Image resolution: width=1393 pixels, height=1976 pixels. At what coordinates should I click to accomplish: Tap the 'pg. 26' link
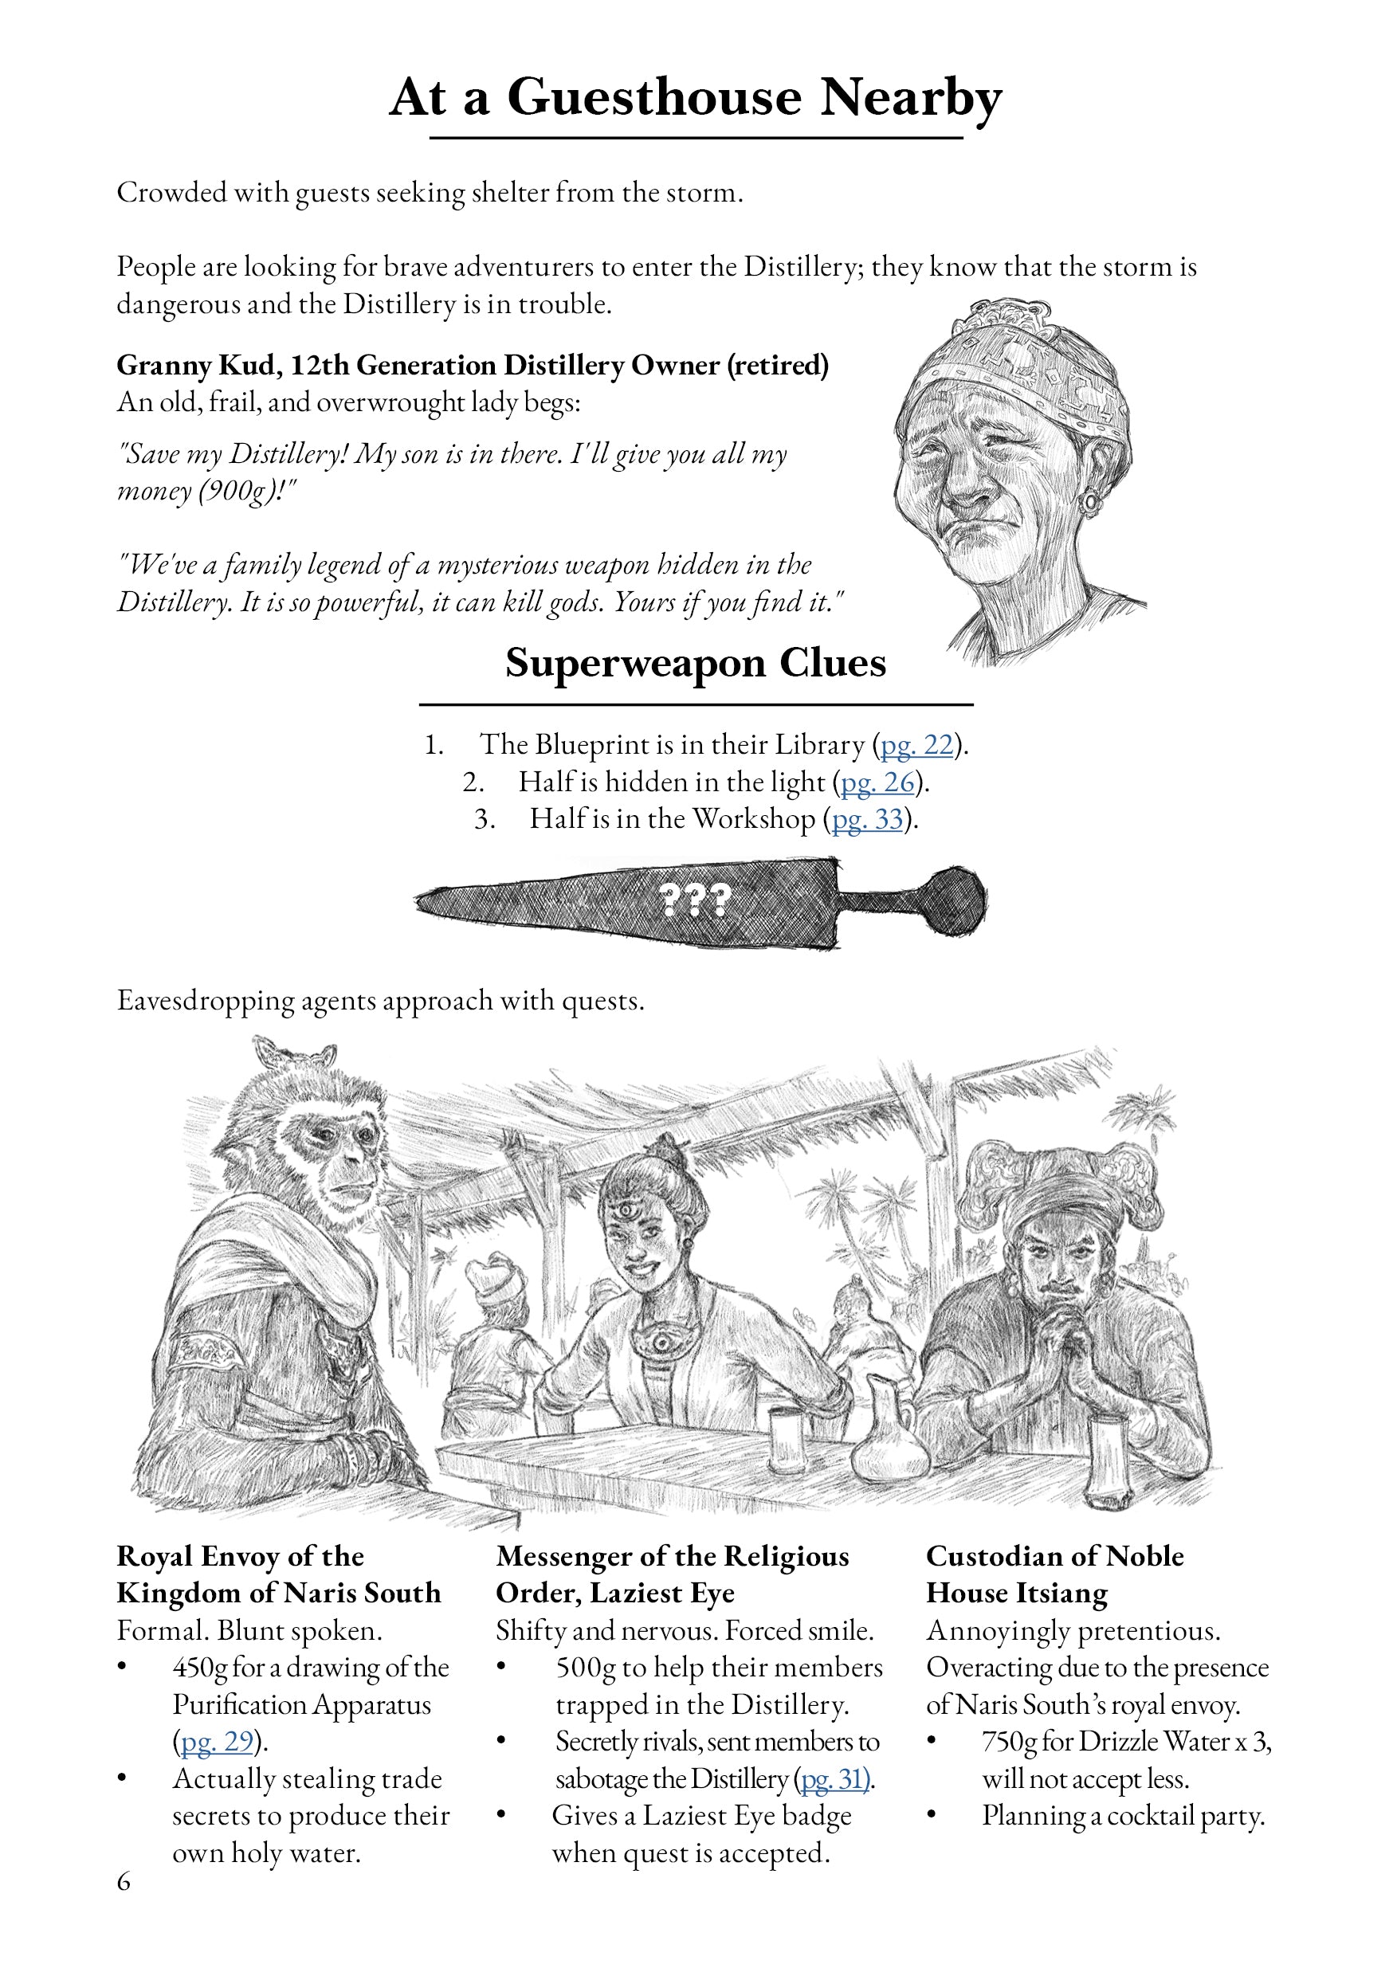click(x=877, y=782)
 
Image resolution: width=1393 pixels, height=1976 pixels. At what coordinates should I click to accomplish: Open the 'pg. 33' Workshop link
click(x=867, y=819)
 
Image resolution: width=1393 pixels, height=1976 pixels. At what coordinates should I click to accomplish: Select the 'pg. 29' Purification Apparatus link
click(x=216, y=1742)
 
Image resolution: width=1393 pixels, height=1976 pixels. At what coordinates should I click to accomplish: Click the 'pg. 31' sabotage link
click(x=834, y=1779)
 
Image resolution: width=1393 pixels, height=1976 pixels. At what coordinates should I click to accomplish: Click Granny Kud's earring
click(x=1092, y=501)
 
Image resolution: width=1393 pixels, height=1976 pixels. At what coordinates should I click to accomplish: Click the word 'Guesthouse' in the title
click(x=654, y=96)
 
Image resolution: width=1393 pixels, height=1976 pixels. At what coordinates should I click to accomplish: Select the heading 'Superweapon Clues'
click(x=695, y=664)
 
